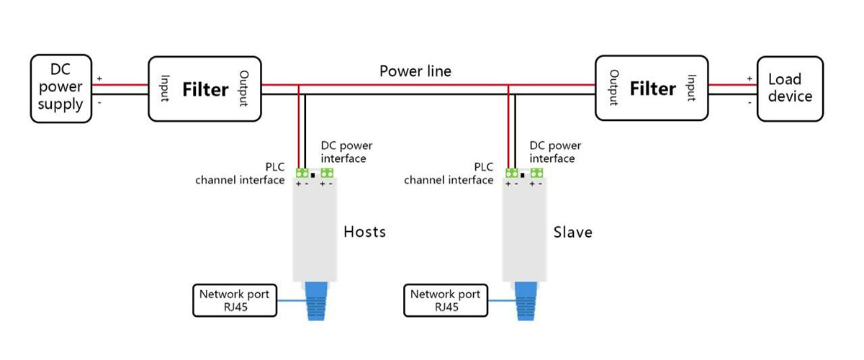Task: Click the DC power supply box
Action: point(61,88)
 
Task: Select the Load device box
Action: point(789,88)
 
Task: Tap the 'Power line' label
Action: point(415,71)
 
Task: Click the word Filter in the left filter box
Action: point(205,90)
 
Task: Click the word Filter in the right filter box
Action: point(653,89)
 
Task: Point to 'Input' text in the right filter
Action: point(691,89)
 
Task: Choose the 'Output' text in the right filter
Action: point(614,89)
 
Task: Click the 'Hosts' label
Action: point(364,232)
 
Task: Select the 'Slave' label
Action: point(572,232)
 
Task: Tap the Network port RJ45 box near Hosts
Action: point(234,300)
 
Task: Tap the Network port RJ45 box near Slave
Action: point(445,300)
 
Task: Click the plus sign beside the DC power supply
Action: point(99,78)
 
